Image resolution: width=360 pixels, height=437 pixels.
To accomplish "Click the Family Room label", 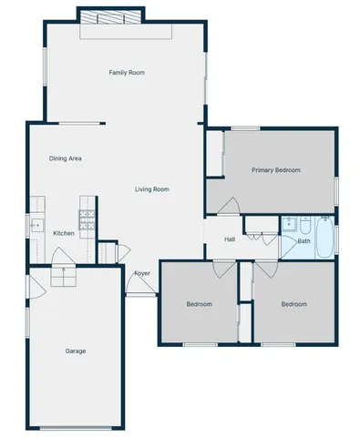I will (x=127, y=73).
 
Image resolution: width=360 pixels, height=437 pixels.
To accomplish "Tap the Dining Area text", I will (x=66, y=158).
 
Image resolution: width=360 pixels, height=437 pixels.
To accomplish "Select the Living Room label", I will (x=153, y=189).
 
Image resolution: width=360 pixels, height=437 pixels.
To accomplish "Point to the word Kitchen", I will (x=64, y=234).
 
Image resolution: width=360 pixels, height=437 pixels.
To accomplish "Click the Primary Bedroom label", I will (x=276, y=170).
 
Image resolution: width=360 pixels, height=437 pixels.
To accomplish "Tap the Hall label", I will (x=231, y=239).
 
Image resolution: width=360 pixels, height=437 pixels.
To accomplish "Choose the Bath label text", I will (x=303, y=241).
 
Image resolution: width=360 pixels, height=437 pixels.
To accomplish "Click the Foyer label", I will (x=142, y=273).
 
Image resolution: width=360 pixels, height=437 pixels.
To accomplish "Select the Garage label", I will (x=76, y=351).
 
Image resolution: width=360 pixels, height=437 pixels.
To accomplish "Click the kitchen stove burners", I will (x=87, y=218).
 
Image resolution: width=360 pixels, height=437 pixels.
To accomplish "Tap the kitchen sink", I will (x=36, y=223).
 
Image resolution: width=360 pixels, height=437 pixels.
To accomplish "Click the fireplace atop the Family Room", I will (x=110, y=18).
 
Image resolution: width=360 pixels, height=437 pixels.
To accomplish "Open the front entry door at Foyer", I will (x=139, y=287).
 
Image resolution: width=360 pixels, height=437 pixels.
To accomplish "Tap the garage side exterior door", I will (x=35, y=290).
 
